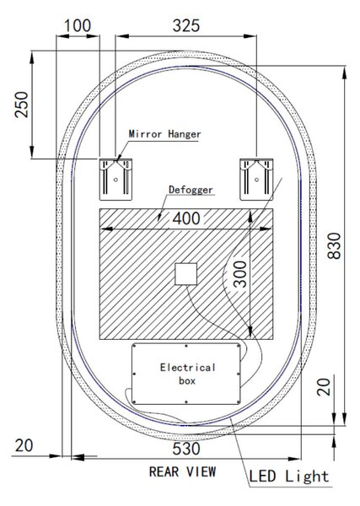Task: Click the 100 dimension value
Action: tap(78, 25)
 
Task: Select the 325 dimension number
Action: tap(186, 25)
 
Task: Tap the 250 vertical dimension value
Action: tap(22, 105)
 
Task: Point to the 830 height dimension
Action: tap(334, 245)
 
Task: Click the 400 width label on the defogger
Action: tap(186, 218)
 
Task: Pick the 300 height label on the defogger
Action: tap(240, 274)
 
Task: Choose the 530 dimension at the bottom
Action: tap(186, 449)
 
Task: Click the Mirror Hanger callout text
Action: tap(164, 134)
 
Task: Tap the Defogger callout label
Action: tap(191, 190)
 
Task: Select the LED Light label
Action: tap(288, 476)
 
